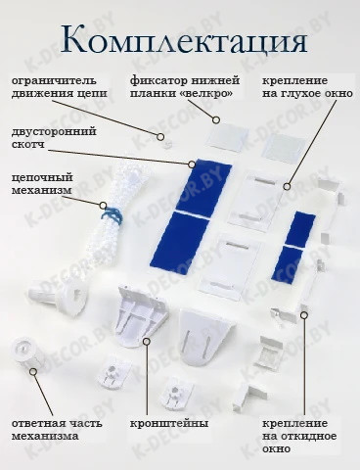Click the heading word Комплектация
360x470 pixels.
(x=184, y=40)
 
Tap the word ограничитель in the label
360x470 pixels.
(x=54, y=80)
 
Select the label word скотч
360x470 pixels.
(x=28, y=144)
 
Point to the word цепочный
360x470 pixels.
(x=42, y=178)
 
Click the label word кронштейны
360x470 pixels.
(x=169, y=424)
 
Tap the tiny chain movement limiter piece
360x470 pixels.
(x=168, y=144)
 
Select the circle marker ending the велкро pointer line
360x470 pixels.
(x=216, y=120)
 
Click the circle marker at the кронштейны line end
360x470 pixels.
(x=147, y=342)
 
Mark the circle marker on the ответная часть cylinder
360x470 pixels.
(x=33, y=371)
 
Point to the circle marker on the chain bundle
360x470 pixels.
(x=103, y=206)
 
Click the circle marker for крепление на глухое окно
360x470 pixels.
(x=287, y=187)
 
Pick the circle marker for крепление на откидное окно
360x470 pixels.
(x=304, y=315)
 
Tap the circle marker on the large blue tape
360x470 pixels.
(x=191, y=164)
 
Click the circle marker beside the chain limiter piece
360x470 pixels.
(x=160, y=137)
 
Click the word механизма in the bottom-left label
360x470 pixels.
(x=45, y=437)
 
